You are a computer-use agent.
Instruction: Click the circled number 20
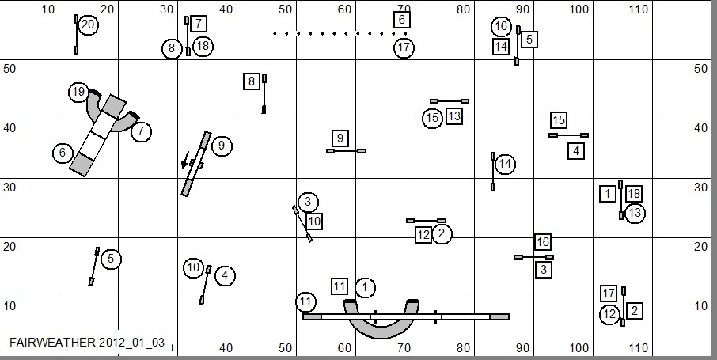88,25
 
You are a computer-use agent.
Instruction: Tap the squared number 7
198,24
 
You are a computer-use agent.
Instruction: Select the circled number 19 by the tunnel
78,93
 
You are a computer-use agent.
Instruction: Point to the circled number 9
222,146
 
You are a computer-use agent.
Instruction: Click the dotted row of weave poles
340,34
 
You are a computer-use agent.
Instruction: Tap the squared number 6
402,20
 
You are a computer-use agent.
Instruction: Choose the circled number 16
500,26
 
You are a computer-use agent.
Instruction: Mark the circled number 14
506,165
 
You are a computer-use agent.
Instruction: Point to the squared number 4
576,150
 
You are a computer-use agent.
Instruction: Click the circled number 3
308,202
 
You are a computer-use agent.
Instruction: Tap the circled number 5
111,259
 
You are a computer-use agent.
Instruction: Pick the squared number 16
542,242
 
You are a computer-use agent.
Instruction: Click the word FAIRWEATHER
49,343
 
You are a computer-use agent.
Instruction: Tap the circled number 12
609,315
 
